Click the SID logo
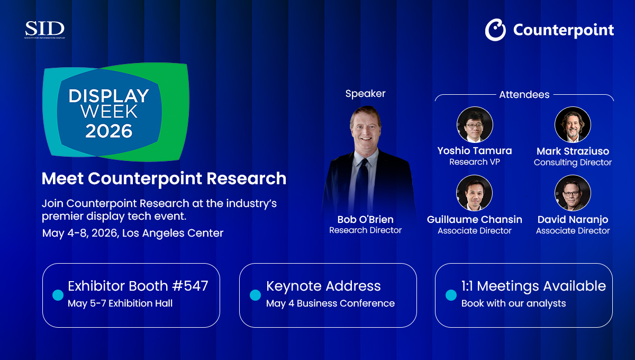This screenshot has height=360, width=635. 44,30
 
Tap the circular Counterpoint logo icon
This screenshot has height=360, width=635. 495,30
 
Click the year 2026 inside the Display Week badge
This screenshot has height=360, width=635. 109,131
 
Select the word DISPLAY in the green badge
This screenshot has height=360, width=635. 109,96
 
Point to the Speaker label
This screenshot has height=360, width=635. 366,94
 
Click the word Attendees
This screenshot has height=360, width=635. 524,94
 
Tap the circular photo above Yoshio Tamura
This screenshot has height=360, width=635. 475,124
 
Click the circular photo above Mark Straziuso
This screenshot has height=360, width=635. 573,124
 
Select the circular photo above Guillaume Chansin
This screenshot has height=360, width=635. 474,193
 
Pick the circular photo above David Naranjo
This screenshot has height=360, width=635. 573,193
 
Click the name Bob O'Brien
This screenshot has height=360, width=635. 366,219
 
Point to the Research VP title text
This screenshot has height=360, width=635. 475,161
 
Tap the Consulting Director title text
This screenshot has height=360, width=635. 573,163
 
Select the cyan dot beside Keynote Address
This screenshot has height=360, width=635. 255,295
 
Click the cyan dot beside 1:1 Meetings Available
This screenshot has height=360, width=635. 451,295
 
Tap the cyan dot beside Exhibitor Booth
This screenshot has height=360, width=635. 58,295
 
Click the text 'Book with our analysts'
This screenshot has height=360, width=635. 513,303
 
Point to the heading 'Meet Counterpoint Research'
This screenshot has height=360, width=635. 164,178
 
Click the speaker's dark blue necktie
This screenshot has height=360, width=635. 361,184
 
